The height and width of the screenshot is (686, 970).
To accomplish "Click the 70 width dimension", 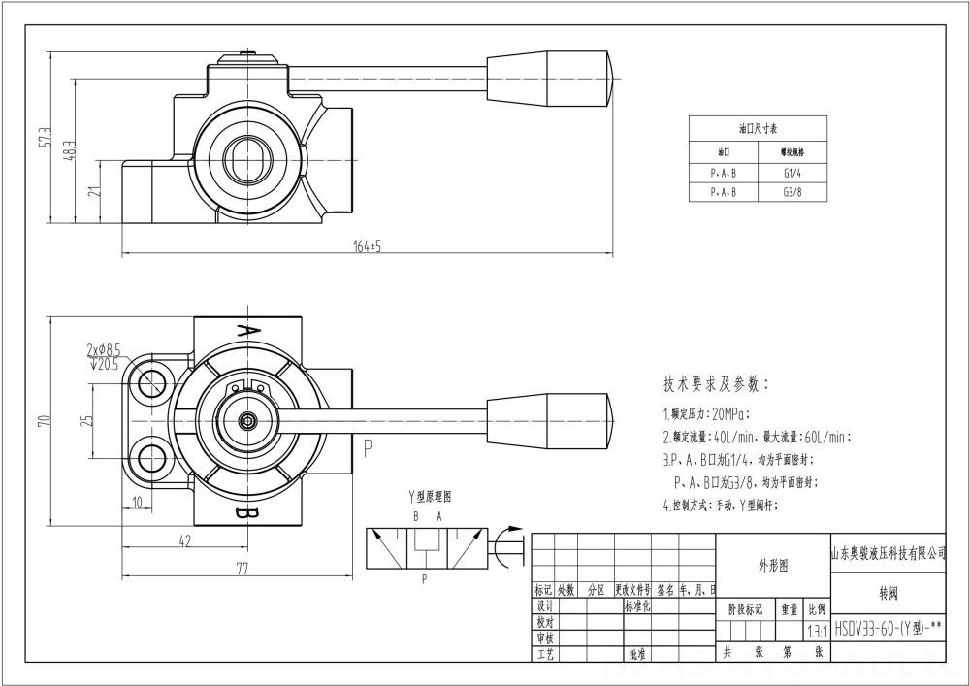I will pos(43,420).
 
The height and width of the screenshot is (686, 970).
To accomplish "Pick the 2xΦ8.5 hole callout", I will pos(105,347).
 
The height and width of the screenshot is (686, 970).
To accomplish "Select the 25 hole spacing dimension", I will pos(85,420).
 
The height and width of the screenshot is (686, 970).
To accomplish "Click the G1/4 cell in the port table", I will pos(792,173).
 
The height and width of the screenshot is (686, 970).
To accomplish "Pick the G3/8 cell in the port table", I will pos(792,192).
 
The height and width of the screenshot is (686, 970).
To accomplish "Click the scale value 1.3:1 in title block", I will pos(817,630).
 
